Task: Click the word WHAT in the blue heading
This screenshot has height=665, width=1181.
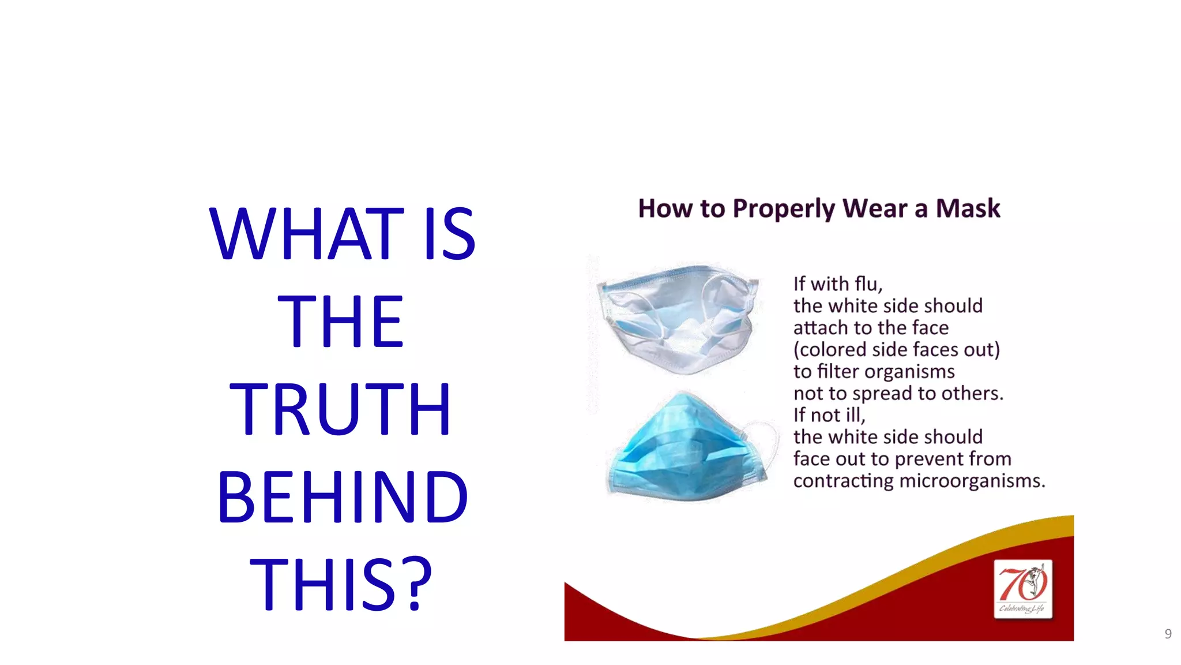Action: (x=306, y=234)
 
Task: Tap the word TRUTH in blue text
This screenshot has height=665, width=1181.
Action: (x=340, y=409)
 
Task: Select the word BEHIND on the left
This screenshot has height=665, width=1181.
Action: (x=343, y=497)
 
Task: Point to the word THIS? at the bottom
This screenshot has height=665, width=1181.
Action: (x=341, y=584)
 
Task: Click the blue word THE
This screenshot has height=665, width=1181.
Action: (x=340, y=322)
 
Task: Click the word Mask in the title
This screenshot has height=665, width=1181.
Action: (x=968, y=208)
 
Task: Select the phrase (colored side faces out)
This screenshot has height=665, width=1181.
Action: (x=897, y=350)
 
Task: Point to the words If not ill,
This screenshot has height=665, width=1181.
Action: (x=829, y=415)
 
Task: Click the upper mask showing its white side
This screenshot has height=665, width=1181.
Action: (x=678, y=319)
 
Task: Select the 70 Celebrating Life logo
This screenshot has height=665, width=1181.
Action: (x=1023, y=589)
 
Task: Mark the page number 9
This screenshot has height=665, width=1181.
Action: (x=1168, y=634)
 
